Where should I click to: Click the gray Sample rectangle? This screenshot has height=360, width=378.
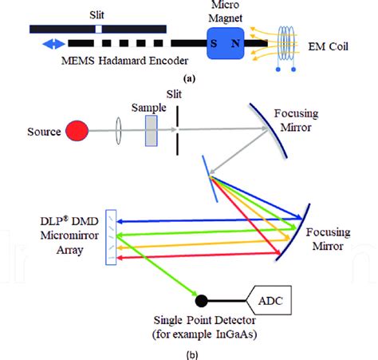pyautogui.click(x=152, y=129)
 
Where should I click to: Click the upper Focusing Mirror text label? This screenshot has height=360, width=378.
pyautogui.click(x=327, y=119)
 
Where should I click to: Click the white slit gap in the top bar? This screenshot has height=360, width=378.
pyautogui.click(x=97, y=28)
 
